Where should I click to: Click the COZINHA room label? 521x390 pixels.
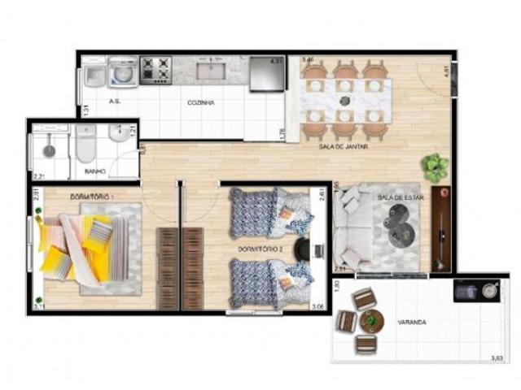click(201, 103)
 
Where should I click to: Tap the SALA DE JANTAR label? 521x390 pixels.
click(344, 147)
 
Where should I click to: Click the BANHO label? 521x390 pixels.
click(96, 171)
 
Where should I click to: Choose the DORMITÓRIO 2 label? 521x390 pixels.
click(260, 247)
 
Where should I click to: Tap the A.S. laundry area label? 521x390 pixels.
click(115, 102)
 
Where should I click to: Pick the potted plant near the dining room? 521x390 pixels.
click(435, 166)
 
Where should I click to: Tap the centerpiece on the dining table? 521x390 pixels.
click(344, 101)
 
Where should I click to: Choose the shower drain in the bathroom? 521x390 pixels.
click(49, 149)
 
